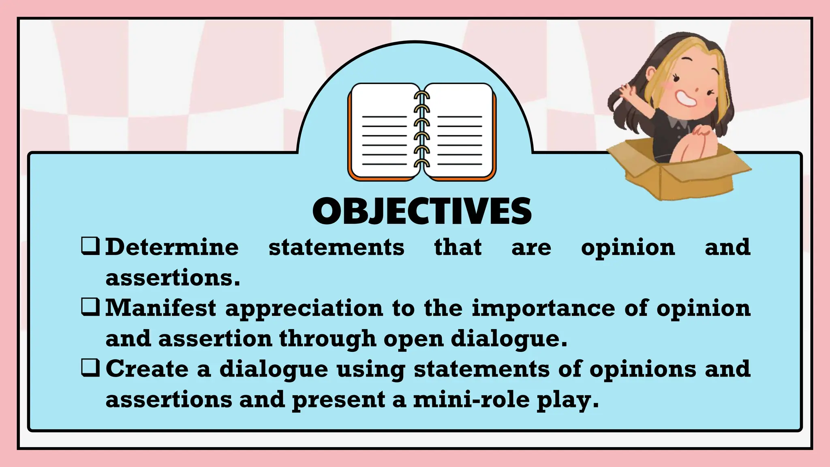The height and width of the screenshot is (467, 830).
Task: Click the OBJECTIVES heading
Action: (422, 211)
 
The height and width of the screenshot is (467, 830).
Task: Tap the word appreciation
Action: (304, 308)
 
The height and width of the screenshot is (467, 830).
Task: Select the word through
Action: (327, 338)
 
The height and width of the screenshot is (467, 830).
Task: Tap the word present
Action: (338, 400)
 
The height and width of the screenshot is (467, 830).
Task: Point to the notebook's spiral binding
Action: (422, 130)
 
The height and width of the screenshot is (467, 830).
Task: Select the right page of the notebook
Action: (460, 130)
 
